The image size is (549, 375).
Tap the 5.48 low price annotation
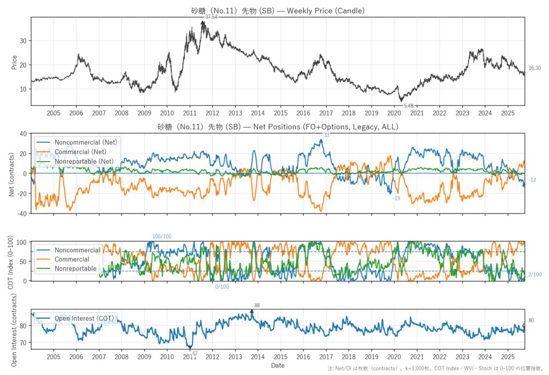pos(409,106)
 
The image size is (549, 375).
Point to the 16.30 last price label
pos(534,68)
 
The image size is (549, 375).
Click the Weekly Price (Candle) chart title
pos(277,10)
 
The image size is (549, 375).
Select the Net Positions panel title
pos(277,127)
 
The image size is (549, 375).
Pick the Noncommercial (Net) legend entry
pos(86,142)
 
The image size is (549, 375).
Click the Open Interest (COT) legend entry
pos(84,319)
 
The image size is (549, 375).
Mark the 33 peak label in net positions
pos(326,136)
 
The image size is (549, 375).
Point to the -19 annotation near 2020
pos(396,198)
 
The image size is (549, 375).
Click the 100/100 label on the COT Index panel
pos(162,237)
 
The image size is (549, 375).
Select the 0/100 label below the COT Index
pos(222,286)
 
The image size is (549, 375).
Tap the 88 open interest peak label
pos(257,305)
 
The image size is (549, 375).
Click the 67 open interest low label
pos(195,353)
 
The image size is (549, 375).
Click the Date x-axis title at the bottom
pos(278,365)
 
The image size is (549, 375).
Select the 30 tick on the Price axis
pos(24,41)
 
